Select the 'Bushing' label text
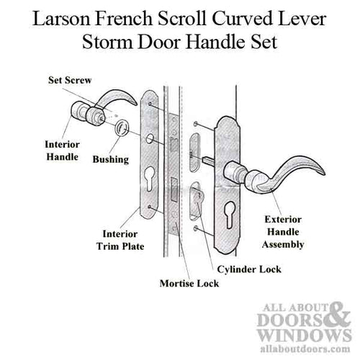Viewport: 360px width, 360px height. tap(114, 158)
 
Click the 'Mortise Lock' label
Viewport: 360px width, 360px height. tap(189, 283)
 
